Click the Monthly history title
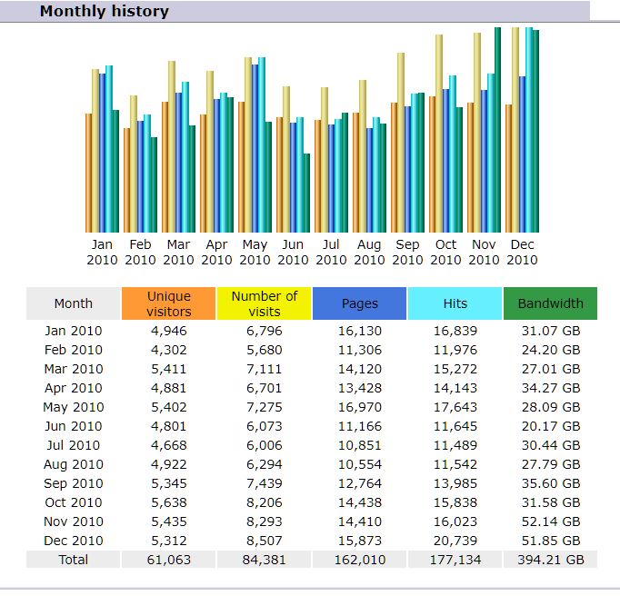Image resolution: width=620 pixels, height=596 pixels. [104, 12]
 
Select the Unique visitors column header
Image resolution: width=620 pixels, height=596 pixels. [169, 303]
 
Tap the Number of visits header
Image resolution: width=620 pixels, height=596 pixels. [265, 303]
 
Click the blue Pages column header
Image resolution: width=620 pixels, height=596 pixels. [360, 303]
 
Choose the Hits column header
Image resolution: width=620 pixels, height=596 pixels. [455, 303]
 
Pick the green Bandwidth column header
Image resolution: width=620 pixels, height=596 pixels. [550, 303]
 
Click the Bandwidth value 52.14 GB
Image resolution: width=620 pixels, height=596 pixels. [550, 521]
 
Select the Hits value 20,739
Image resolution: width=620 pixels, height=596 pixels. [455, 541]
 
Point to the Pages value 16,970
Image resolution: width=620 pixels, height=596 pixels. [360, 407]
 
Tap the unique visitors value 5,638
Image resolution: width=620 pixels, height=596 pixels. [169, 502]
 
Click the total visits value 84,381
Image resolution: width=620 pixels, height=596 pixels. [265, 560]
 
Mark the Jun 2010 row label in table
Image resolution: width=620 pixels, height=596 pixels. [73, 426]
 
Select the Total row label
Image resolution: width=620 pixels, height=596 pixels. [73, 560]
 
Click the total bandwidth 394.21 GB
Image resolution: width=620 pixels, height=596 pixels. [550, 560]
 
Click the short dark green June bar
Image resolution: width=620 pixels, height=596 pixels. [307, 193]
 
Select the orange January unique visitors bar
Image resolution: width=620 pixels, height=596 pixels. [88, 173]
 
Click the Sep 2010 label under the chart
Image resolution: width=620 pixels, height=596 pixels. [407, 252]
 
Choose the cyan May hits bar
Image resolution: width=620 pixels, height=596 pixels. [262, 144]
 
